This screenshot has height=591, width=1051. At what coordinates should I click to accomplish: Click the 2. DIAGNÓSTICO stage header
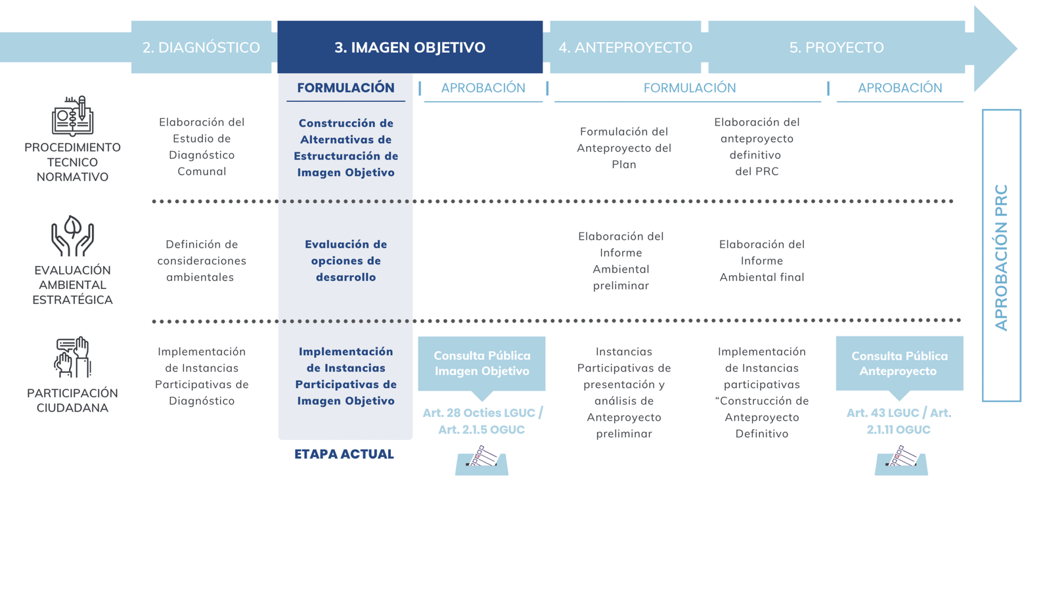coord(201,47)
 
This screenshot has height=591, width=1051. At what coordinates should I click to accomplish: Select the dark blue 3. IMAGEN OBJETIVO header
coord(410,47)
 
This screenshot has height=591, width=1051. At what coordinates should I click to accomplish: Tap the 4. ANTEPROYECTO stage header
coord(625,47)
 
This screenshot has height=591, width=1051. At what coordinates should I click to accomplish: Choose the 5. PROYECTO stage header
coord(836,47)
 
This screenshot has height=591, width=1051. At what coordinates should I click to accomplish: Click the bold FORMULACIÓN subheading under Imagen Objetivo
coord(346,88)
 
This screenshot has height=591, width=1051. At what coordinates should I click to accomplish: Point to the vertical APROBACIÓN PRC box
coord(1001,256)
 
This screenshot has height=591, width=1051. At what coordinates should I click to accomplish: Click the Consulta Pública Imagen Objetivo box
coord(481,364)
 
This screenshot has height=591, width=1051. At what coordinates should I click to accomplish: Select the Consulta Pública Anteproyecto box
coord(899,364)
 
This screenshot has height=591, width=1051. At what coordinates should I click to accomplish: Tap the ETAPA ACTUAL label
coord(344,454)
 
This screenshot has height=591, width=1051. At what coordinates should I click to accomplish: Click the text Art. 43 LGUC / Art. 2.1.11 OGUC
coord(899,422)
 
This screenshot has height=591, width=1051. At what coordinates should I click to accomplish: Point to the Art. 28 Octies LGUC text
coord(482,414)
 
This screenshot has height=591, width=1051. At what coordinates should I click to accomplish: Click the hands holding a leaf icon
coord(72,236)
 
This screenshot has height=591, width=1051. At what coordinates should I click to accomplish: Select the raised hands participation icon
coord(72,357)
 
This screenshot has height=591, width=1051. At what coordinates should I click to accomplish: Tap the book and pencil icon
coord(72,116)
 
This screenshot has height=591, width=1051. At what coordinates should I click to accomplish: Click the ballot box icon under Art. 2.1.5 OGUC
coord(481,461)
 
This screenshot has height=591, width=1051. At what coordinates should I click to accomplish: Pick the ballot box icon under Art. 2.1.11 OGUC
coord(901,461)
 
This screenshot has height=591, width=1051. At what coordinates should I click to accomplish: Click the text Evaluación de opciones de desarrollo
coord(346,261)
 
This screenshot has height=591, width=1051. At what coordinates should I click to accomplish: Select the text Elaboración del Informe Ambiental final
coord(761,261)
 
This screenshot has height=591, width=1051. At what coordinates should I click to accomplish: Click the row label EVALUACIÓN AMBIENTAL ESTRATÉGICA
coord(72,285)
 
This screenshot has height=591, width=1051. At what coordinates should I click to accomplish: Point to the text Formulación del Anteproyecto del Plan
coord(624,148)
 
